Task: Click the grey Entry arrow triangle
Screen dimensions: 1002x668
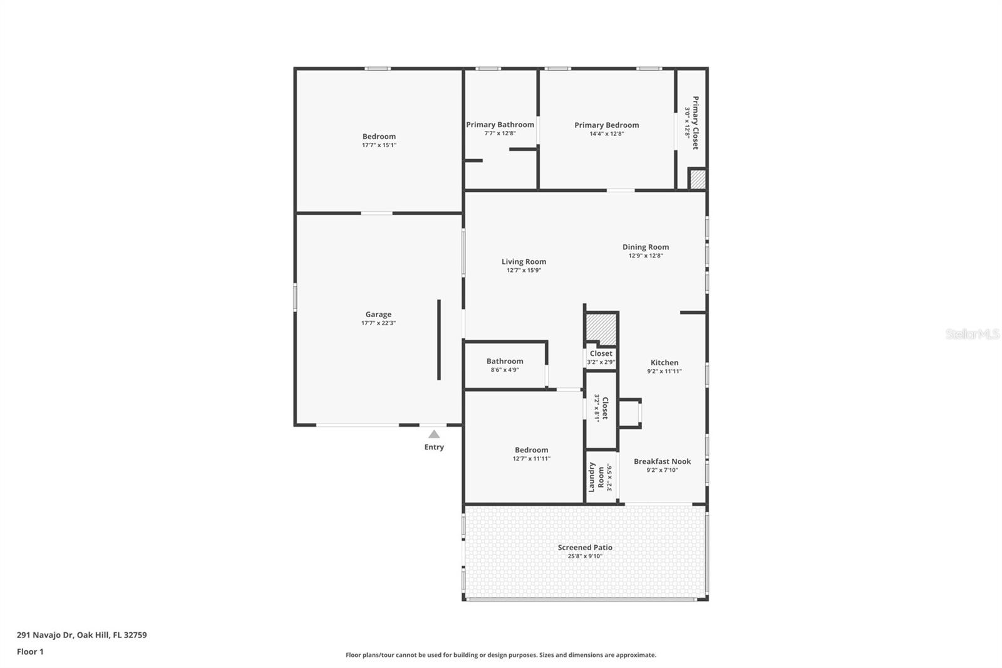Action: coord(434,434)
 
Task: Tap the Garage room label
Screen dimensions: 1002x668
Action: coord(378,315)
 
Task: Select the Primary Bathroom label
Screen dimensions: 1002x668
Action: coord(500,125)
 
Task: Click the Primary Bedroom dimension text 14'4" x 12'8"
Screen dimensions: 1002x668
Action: coord(607,133)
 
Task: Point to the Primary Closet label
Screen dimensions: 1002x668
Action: coord(695,123)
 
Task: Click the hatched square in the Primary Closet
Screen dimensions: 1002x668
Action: coord(698,179)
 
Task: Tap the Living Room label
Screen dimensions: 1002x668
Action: coord(524,261)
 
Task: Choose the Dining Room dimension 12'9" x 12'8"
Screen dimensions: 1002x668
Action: coord(646,256)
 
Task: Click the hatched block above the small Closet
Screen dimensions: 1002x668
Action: coord(602,328)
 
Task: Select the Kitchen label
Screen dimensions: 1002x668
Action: coord(664,362)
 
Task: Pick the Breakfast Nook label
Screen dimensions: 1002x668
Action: coord(662,461)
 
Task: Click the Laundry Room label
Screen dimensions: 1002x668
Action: coord(596,478)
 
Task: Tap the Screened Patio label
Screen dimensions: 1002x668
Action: coord(585,547)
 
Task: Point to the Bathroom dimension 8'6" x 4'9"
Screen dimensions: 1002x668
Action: coord(505,370)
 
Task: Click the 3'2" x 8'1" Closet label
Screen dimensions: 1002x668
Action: coord(601,408)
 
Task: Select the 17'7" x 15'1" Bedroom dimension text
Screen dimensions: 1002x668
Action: coord(380,145)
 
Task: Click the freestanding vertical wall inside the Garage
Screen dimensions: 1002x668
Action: coord(439,340)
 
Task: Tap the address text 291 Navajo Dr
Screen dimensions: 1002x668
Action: coord(44,635)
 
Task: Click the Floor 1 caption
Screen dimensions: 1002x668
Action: coord(30,652)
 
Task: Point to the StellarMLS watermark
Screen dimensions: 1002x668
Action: coord(973,333)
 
